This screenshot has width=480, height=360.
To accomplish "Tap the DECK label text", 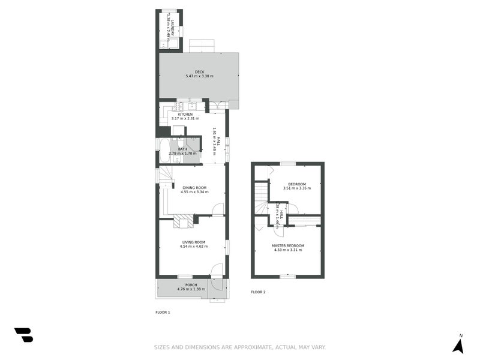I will pos(199,72).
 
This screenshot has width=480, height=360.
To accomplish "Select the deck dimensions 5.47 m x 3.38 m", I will pos(199,76).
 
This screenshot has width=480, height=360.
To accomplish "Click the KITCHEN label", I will pos(185,114).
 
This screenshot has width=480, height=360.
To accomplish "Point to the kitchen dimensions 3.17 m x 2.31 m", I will pos(185,118).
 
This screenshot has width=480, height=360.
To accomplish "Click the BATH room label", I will pos(182,149).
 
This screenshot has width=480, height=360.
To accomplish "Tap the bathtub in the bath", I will pos(164,151).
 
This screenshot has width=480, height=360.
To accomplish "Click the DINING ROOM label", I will pos(194,188).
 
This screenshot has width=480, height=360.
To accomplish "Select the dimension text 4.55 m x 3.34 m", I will pos(194,192).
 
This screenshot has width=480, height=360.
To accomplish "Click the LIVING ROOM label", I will pos(194,242).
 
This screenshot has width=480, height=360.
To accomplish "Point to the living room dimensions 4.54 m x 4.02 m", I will pos(194,246).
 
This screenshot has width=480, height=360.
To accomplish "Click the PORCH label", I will pos(191,284).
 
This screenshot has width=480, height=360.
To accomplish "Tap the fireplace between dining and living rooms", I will pos(184,221).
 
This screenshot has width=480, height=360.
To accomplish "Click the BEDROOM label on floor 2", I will pos(297,184).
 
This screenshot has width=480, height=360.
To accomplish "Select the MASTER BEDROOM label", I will pos(288,245).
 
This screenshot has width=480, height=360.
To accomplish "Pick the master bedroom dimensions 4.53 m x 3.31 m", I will pos(288,250).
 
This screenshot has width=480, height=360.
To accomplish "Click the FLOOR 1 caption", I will pos(163,312).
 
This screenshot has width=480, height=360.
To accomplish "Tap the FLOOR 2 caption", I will pos(258,292).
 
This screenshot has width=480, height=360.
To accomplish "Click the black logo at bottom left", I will pos(23,335).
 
